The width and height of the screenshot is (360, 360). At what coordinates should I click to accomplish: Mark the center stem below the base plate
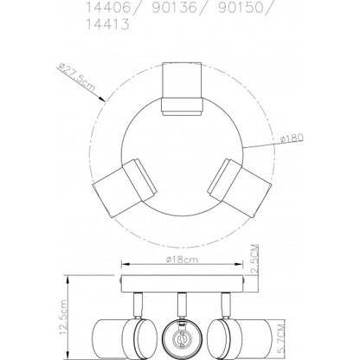[183, 305]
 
